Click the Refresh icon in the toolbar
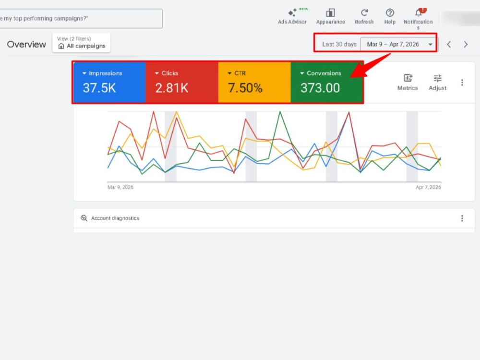[x=364, y=13]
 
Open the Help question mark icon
[x=390, y=13]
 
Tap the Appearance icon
[x=331, y=13]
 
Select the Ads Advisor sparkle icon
[x=292, y=13]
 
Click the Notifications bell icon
[x=419, y=12]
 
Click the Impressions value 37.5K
[x=99, y=88]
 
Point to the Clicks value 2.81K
[x=172, y=88]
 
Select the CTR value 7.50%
[x=245, y=88]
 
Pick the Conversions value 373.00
[x=320, y=88]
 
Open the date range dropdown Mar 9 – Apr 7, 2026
[x=399, y=44]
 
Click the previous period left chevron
[x=449, y=44]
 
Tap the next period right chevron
[x=466, y=44]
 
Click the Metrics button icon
[x=408, y=78]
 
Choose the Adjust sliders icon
[x=438, y=78]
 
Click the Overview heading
[x=26, y=44]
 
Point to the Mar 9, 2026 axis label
[x=120, y=187]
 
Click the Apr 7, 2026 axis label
[x=428, y=187]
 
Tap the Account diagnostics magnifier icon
[x=84, y=218]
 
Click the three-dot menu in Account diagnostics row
[x=462, y=218]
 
